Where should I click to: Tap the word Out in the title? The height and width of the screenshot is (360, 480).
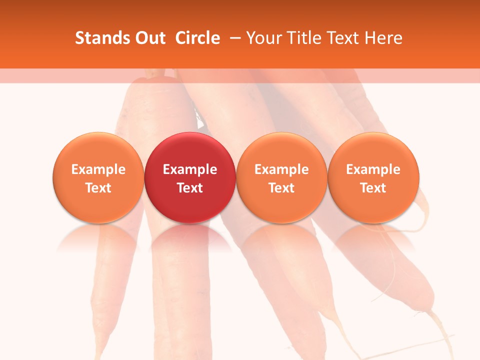click(148, 38)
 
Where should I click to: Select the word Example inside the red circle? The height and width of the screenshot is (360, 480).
click(190, 169)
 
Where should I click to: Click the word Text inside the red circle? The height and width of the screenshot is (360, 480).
click(190, 188)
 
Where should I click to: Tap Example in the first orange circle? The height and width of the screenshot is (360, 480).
click(98, 169)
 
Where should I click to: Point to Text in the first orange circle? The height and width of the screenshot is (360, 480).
click(98, 188)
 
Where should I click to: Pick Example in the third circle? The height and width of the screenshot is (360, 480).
click(281, 169)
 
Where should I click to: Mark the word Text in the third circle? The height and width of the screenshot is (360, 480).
click(281, 188)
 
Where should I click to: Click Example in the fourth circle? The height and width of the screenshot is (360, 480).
click(373, 169)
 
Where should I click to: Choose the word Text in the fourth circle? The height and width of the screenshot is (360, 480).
click(373, 188)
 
